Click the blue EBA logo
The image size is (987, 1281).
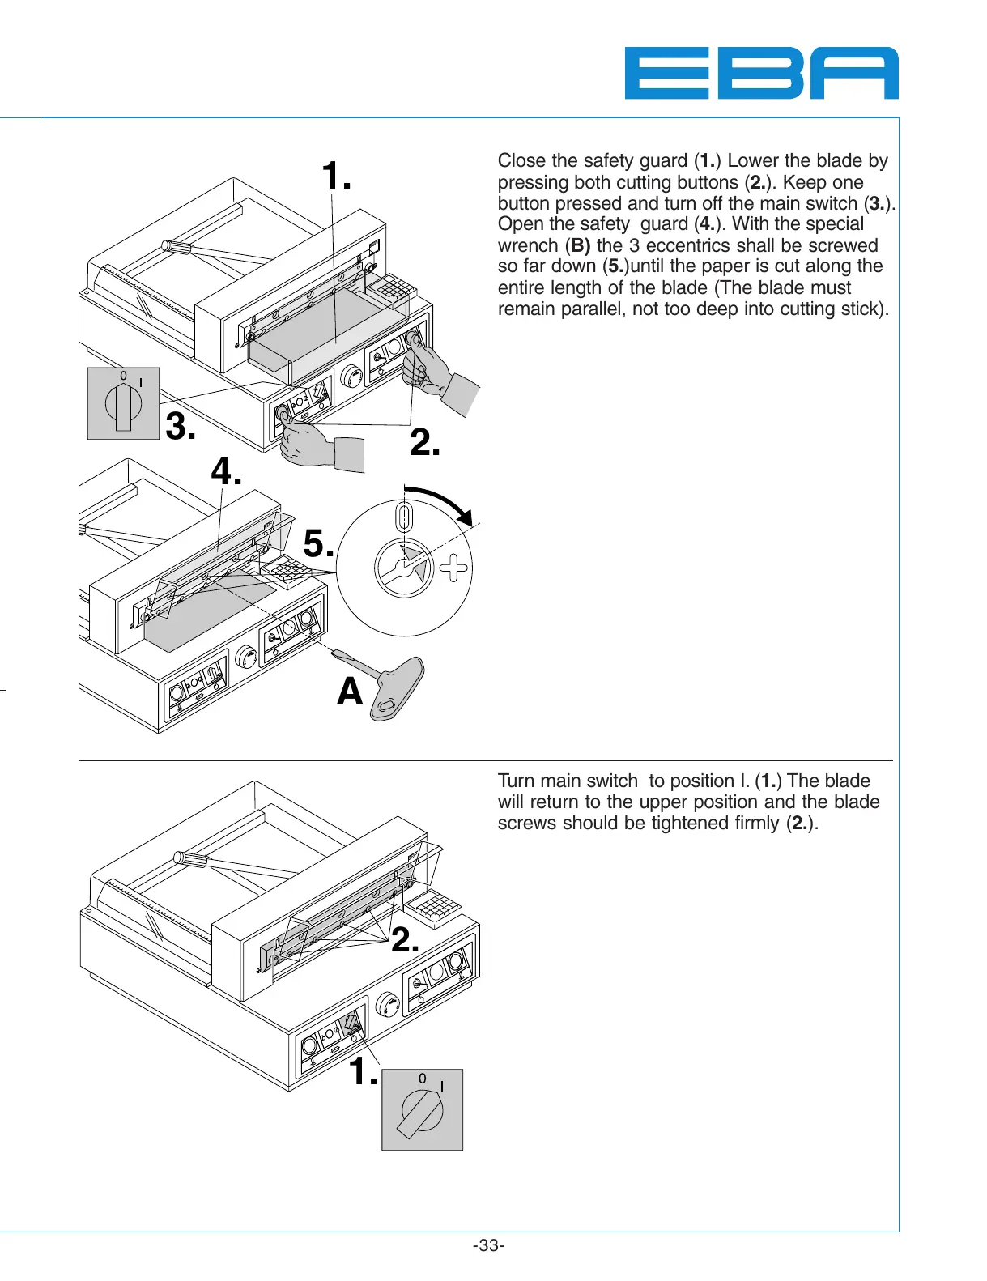[761, 73]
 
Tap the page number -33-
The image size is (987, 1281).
[488, 1245]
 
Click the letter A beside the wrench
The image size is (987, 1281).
[350, 692]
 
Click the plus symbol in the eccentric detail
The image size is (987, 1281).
[453, 568]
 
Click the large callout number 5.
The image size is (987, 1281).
[318, 543]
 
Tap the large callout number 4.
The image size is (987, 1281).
[226, 470]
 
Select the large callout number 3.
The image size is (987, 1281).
[181, 426]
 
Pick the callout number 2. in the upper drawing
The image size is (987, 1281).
[424, 443]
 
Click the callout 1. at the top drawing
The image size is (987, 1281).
[336, 176]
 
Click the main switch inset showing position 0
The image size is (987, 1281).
[123, 403]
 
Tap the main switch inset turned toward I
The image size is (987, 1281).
[422, 1109]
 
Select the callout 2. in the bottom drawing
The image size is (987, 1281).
[405, 940]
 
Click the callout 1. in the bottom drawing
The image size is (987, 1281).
[364, 1072]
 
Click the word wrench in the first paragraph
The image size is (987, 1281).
[528, 245]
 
